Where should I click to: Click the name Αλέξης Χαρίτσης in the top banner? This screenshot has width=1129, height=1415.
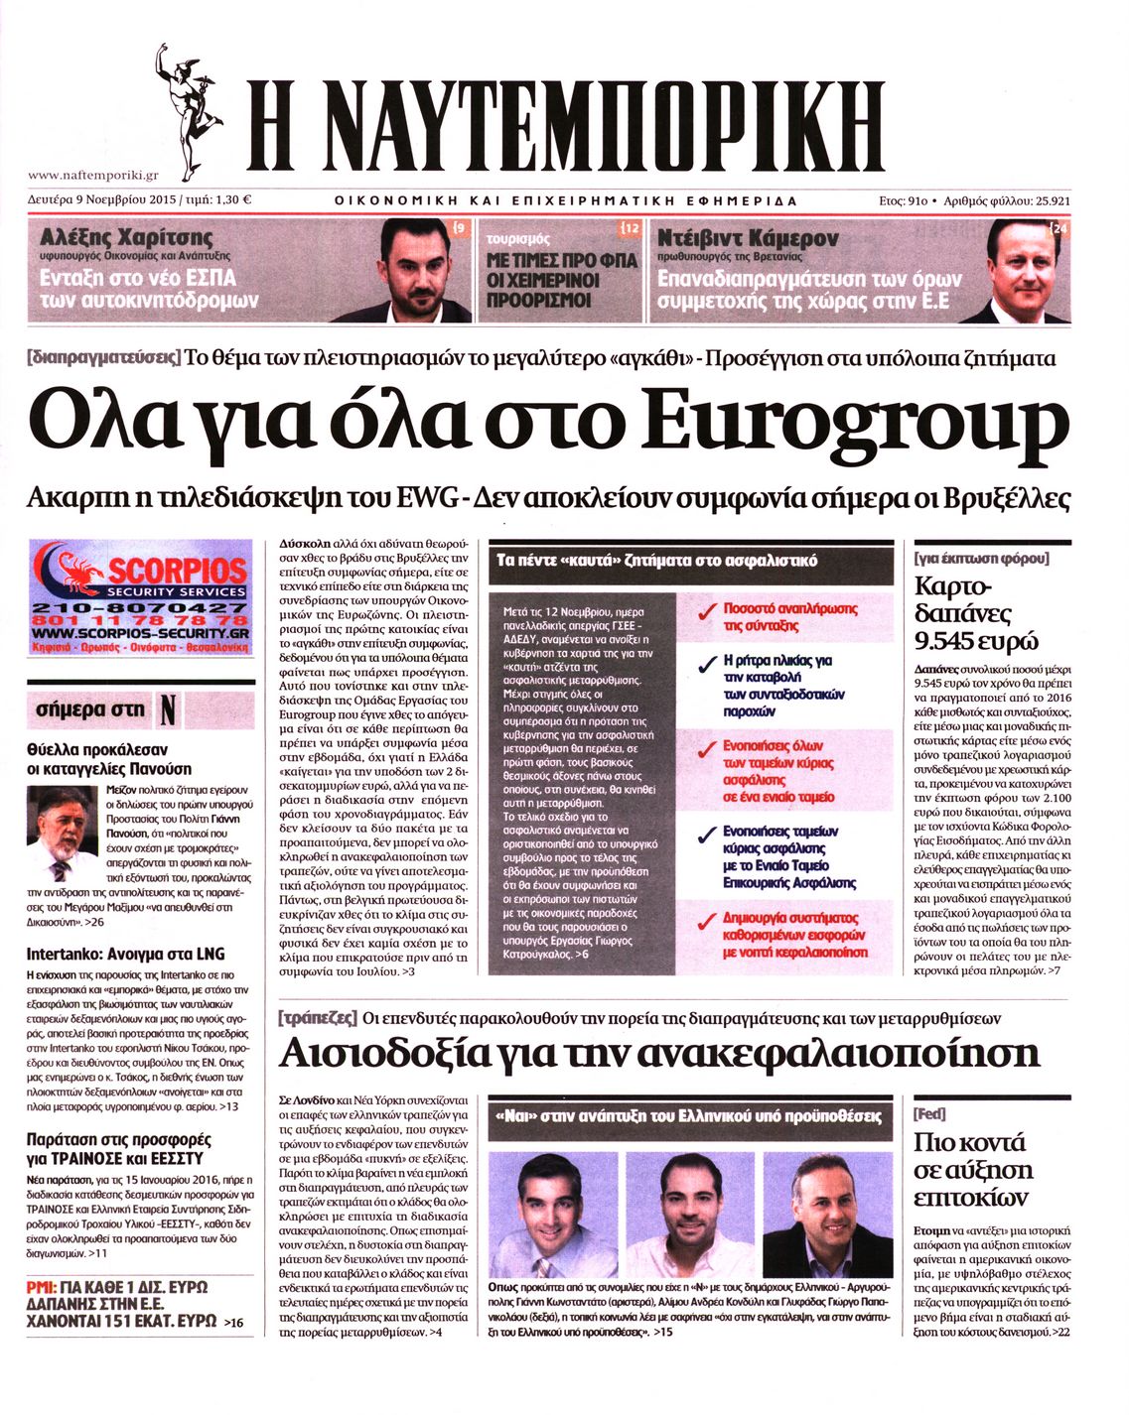tap(126, 238)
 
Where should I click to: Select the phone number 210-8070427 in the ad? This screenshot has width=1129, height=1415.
tap(140, 607)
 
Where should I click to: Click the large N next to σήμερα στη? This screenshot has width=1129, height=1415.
tap(168, 710)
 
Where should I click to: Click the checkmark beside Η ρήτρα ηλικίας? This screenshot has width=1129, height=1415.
tap(707, 663)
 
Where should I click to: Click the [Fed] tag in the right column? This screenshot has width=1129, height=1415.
tap(929, 1114)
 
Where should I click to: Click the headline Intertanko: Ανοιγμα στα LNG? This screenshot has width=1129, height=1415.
tap(125, 954)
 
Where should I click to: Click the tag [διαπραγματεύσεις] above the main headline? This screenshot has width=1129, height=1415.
tap(104, 358)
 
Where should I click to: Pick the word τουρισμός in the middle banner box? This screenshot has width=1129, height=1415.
tap(518, 239)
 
